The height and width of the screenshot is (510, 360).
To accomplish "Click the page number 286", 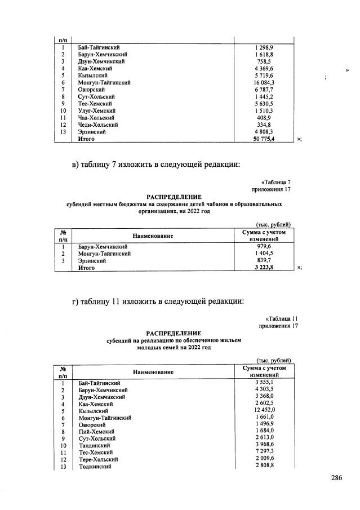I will [336, 478].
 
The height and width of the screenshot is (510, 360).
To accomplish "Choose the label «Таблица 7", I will [275, 182].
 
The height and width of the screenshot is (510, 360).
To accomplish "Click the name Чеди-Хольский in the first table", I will [97, 124].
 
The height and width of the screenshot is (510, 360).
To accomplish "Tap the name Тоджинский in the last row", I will [94, 467].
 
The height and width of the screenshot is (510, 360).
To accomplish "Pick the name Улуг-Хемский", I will [96, 110].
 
